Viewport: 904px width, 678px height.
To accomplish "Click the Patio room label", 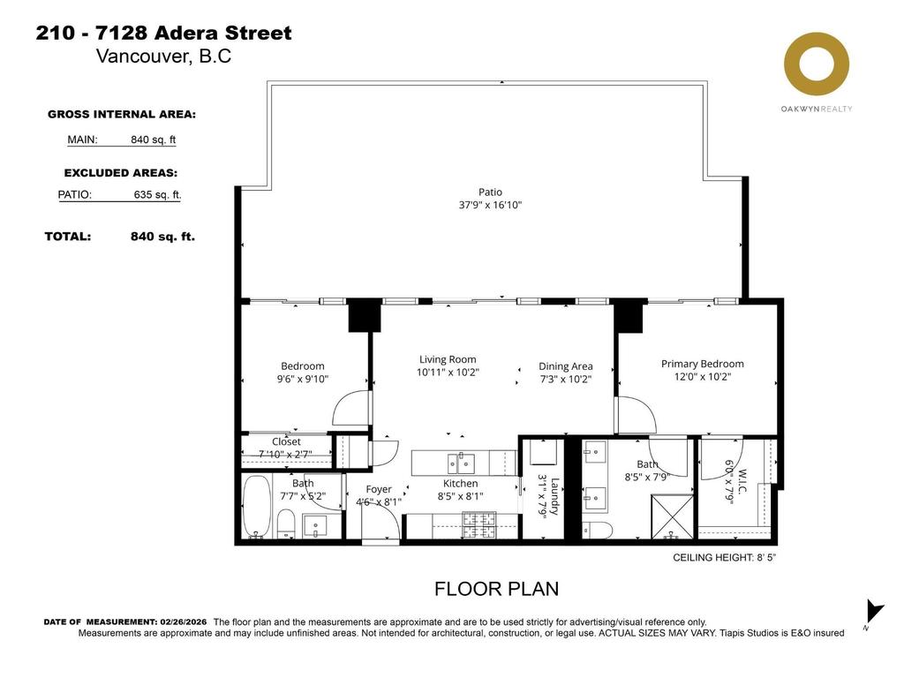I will coord(490,192).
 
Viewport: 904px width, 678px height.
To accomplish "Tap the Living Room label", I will coord(447,359).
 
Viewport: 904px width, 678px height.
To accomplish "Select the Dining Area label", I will coord(566,366).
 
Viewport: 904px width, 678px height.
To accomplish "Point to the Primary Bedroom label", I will coord(702,364).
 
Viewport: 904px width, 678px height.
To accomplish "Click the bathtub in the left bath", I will coord(257,507).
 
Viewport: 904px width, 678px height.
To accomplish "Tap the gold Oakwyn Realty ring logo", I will coord(817,65).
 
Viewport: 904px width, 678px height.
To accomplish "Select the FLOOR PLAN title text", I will coord(495,589).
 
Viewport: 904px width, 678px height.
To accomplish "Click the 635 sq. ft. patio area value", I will coord(158,195).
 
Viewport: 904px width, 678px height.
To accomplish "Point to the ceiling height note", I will coord(724,558).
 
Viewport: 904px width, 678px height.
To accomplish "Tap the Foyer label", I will coord(379,489).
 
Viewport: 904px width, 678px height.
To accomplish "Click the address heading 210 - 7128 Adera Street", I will coord(163,34).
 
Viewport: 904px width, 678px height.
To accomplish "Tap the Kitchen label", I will coord(460,484).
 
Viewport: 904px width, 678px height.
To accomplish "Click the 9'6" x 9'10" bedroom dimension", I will coord(303,380).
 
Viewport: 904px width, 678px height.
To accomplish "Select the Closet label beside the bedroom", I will coord(286,441).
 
